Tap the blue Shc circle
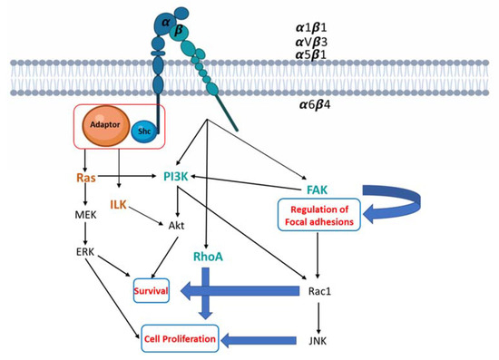point(142,132)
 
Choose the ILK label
point(119,205)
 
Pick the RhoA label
point(210,258)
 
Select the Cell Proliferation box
point(180,339)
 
